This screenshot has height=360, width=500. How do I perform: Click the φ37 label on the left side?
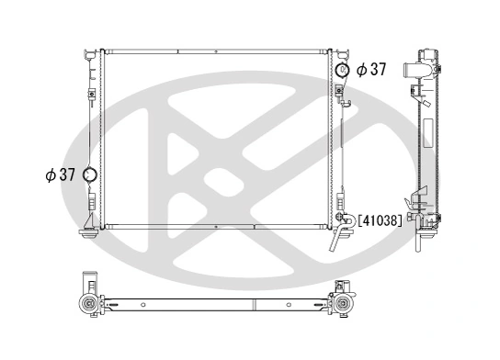(x=60, y=174)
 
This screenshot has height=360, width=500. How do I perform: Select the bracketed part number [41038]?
(x=379, y=220)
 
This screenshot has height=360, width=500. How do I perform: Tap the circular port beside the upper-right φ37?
(x=343, y=70)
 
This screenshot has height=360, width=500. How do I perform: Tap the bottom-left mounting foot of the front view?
(x=90, y=235)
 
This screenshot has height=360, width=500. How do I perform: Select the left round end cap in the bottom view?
(x=89, y=304)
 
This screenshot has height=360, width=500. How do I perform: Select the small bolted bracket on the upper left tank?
(x=92, y=92)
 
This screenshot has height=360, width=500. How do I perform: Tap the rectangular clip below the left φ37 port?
(x=91, y=197)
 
